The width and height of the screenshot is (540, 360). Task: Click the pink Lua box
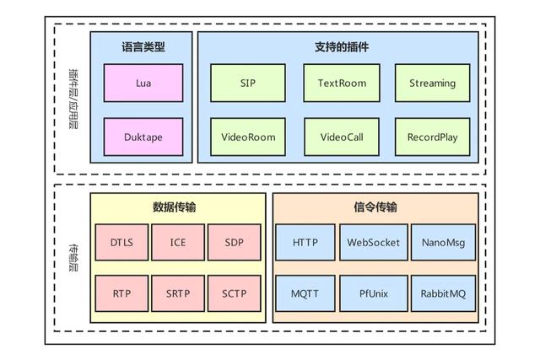pos(143,83)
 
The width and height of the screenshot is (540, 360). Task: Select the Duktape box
pos(143,137)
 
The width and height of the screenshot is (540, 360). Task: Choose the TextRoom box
pos(340,83)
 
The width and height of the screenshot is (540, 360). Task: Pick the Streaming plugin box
pos(432,83)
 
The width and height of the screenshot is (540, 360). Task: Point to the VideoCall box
pos(340,137)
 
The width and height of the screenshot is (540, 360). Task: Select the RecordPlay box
pos(432,137)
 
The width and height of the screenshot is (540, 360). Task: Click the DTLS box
pos(121,243)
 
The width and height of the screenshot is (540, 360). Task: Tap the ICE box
pos(178,243)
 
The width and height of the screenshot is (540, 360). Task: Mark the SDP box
pos(234,243)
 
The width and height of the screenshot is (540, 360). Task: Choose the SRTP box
pos(178,293)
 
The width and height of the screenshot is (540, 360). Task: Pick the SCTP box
pos(234,293)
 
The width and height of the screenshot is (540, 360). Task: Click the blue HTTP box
pos(305,243)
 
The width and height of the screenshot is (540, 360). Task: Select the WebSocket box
pos(372,243)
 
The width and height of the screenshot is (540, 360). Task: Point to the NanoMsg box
pos(443,243)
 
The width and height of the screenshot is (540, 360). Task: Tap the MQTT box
pos(305,293)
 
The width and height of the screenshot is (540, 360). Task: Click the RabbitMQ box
pos(443,293)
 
